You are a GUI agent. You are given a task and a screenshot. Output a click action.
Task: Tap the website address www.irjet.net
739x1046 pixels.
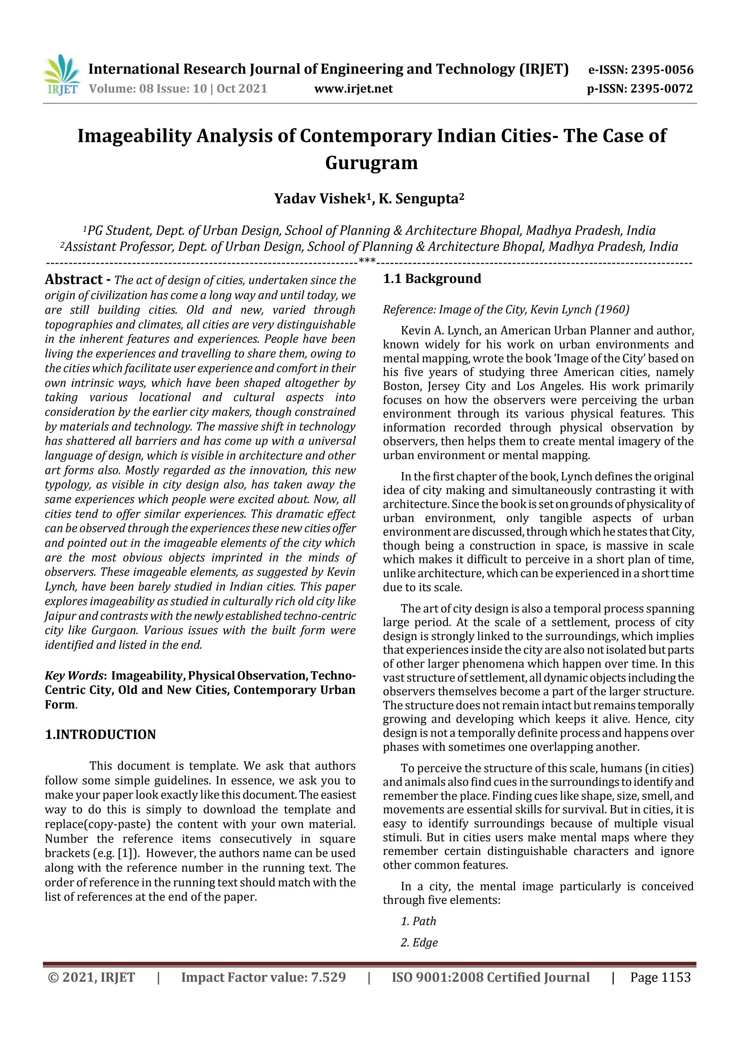(353, 88)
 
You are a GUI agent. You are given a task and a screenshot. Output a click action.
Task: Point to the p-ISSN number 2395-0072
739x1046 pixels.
(662, 88)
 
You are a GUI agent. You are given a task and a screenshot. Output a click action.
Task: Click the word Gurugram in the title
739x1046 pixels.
(371, 162)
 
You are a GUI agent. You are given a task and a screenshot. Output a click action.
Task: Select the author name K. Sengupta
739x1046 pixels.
(418, 199)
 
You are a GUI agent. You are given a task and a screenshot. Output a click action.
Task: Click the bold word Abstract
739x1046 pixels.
(74, 279)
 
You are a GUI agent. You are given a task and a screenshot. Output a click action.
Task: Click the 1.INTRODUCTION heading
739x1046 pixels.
(100, 734)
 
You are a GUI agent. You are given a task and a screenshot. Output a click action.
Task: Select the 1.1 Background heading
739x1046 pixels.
(432, 278)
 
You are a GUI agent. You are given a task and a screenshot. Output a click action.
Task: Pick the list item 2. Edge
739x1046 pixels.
(419, 942)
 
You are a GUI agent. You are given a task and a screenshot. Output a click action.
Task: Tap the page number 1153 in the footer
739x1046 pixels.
(676, 977)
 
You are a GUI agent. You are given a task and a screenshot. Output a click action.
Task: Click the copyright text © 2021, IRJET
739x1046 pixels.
(91, 977)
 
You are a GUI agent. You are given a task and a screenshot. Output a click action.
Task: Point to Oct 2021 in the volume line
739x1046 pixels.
(242, 88)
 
